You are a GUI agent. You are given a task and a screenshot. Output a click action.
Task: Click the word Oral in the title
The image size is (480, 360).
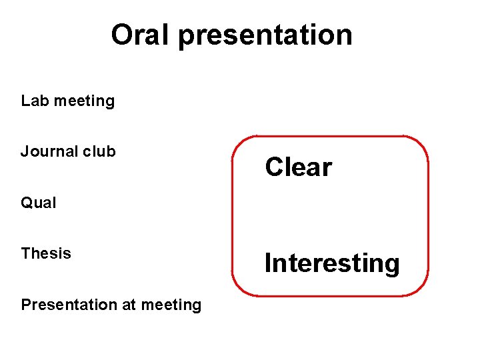point(140,35)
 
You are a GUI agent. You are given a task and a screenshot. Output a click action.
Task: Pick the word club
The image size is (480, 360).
point(99,151)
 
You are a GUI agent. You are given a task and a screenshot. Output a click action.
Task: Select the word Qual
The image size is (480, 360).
point(39,203)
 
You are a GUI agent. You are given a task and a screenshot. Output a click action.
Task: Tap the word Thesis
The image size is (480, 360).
point(46,253)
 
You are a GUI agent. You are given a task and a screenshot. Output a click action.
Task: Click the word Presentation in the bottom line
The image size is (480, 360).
point(68,305)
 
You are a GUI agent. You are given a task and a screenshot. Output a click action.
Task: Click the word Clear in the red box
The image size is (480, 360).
point(298,167)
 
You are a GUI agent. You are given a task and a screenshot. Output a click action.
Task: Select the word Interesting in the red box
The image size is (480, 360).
point(332,263)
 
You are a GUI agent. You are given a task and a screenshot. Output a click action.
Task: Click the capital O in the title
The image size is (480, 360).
point(123,35)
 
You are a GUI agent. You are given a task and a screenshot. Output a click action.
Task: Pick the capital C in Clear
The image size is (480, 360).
point(273,167)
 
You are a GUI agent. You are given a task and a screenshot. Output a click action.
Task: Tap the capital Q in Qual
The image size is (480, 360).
point(27,203)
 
